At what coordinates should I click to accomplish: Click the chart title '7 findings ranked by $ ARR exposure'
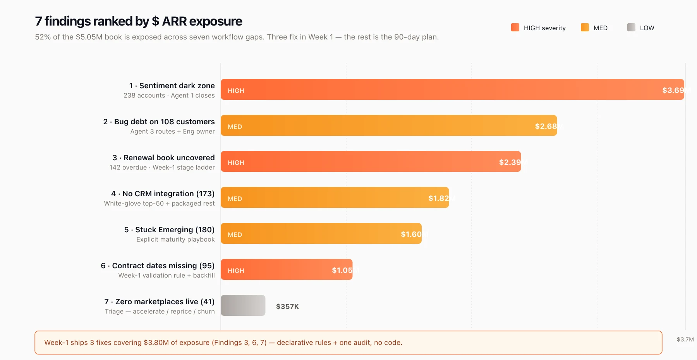pyautogui.click(x=138, y=21)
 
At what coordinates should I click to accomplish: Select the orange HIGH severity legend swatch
pyautogui.click(x=515, y=27)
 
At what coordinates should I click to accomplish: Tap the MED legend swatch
pyautogui.click(x=585, y=27)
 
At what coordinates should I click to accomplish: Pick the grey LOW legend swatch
pyautogui.click(x=631, y=27)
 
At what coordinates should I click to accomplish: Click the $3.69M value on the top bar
pyautogui.click(x=675, y=90)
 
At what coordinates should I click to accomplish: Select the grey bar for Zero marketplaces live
pyautogui.click(x=243, y=305)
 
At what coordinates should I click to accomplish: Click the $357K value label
pyautogui.click(x=287, y=307)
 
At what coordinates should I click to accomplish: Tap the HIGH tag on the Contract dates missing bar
pyautogui.click(x=236, y=271)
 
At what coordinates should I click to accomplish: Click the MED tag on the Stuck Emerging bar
pyautogui.click(x=235, y=235)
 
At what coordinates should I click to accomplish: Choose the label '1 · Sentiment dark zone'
pyautogui.click(x=172, y=86)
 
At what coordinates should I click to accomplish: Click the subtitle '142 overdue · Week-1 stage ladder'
pyautogui.click(x=162, y=167)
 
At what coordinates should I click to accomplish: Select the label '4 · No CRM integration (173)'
pyautogui.click(x=163, y=194)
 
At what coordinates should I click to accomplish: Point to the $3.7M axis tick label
pyautogui.click(x=685, y=339)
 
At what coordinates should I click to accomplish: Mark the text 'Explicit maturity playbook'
pyautogui.click(x=175, y=239)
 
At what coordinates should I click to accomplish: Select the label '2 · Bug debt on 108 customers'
pyautogui.click(x=159, y=122)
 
